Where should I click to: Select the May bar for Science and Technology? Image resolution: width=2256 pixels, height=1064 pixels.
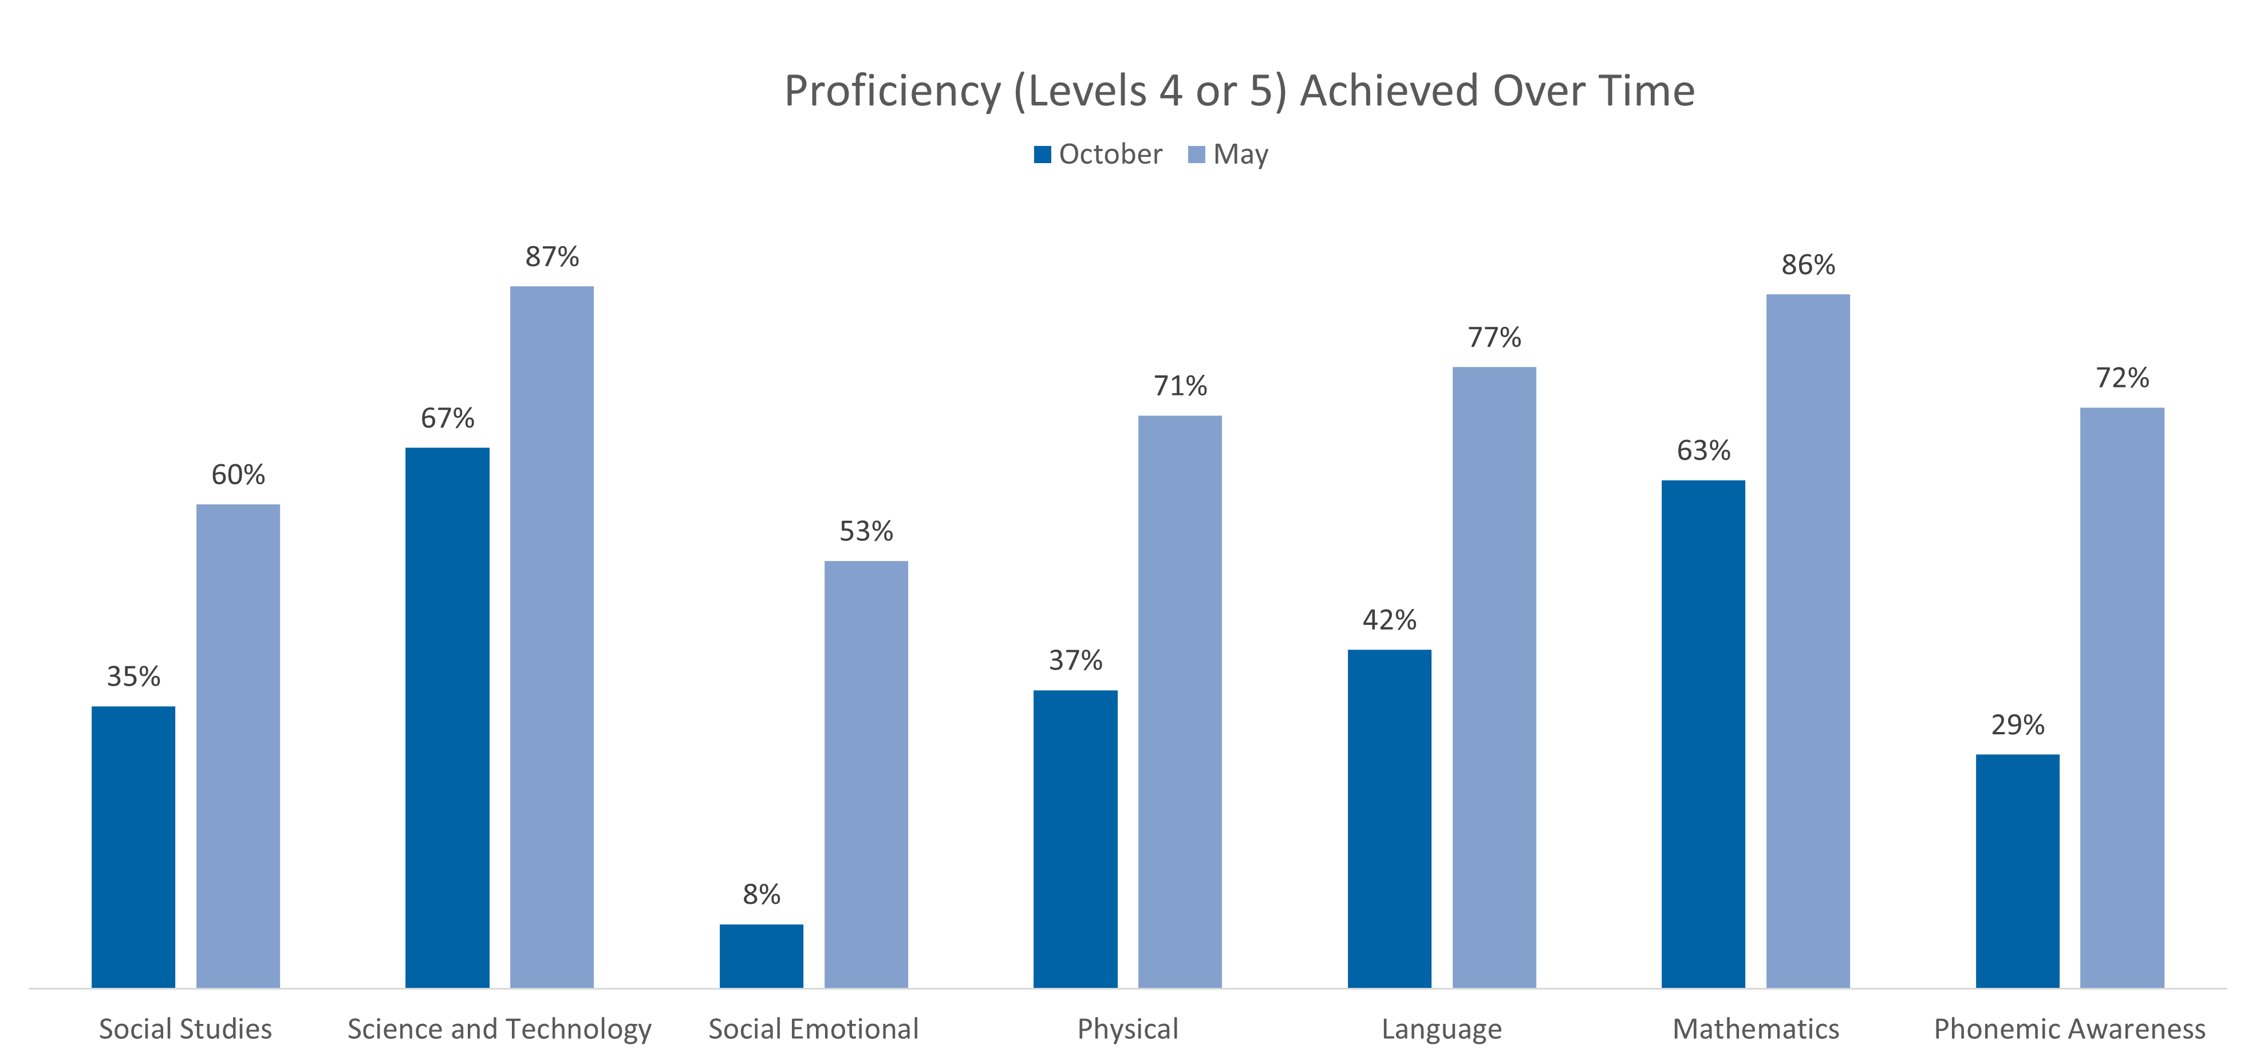[552, 636]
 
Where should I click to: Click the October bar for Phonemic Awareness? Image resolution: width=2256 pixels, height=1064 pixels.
[2017, 871]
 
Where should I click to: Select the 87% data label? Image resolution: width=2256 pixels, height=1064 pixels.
[552, 256]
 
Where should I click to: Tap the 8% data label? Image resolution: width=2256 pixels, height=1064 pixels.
[761, 894]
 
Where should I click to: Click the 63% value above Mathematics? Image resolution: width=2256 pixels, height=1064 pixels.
[1703, 450]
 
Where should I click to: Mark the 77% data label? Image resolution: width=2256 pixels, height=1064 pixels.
[1494, 337]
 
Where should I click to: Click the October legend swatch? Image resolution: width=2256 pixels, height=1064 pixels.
[1042, 155]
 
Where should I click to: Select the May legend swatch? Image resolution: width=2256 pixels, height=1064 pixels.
[1196, 155]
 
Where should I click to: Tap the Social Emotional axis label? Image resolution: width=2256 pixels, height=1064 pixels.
[813, 1028]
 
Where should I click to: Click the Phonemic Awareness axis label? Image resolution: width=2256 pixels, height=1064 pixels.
[2069, 1028]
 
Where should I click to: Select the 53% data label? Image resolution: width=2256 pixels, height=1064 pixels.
[866, 531]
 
